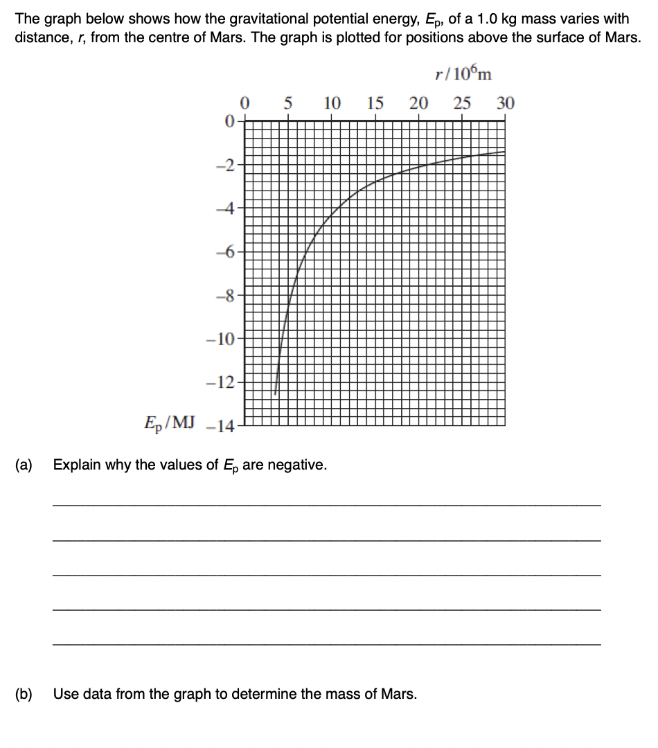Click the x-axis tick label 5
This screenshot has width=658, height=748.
(288, 104)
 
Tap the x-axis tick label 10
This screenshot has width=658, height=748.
(332, 104)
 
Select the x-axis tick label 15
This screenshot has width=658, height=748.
(375, 104)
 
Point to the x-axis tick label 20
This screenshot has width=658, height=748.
(418, 104)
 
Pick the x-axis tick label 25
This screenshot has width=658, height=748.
(462, 104)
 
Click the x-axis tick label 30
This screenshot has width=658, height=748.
(506, 104)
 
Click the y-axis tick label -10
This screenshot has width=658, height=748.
(226, 340)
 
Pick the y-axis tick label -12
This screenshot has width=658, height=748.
(226, 383)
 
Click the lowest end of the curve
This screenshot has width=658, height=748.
(276, 393)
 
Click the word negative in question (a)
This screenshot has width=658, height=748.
(297, 465)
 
